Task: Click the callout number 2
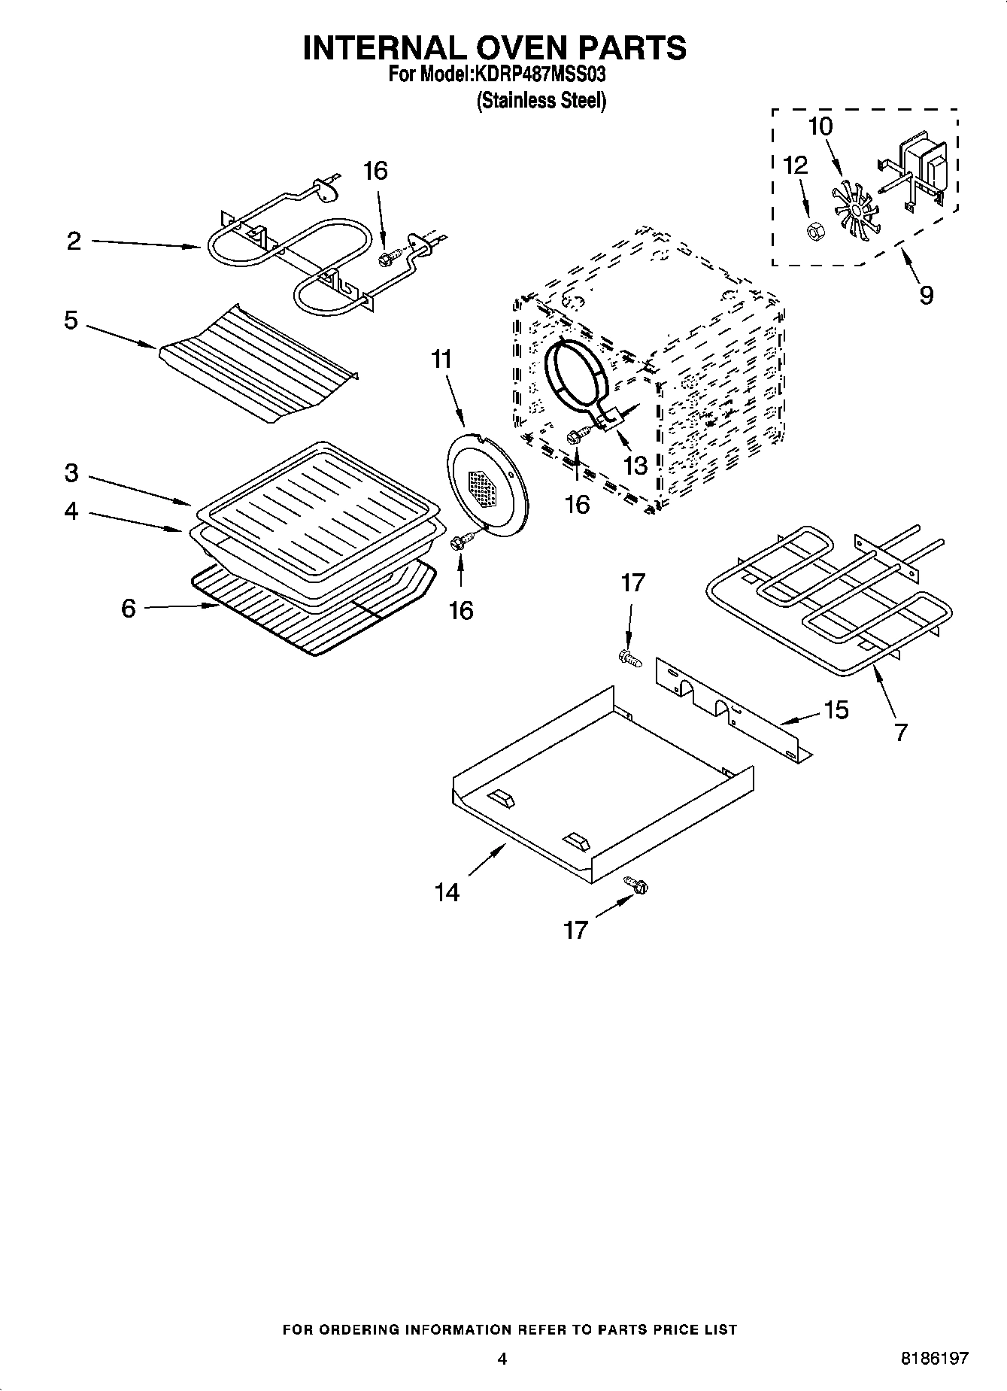click(x=73, y=241)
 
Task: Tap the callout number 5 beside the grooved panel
click(x=71, y=320)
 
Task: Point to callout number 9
click(x=926, y=295)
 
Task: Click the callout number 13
click(x=635, y=465)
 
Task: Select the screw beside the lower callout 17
click(x=636, y=885)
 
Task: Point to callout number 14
click(x=447, y=892)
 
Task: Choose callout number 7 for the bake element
click(x=901, y=731)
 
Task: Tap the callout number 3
click(x=71, y=473)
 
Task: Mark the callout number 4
click(x=71, y=512)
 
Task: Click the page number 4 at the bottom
click(x=502, y=1358)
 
